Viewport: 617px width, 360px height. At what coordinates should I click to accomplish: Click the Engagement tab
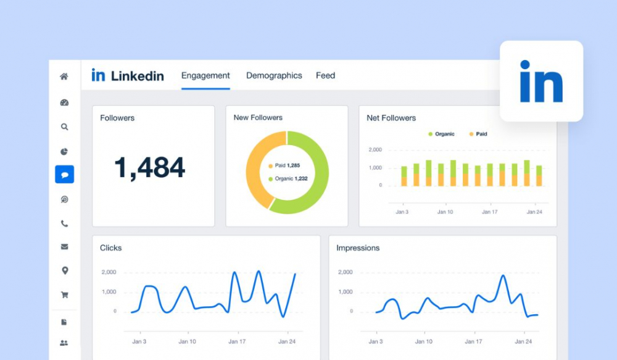[205, 75]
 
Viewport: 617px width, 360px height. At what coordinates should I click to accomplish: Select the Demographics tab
[274, 75]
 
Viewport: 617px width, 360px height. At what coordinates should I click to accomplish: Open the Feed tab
[325, 75]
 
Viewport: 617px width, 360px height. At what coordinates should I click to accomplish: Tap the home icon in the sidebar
[64, 77]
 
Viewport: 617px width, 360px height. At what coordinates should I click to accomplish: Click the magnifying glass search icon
[65, 127]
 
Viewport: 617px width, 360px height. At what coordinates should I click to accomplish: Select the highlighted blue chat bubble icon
[65, 175]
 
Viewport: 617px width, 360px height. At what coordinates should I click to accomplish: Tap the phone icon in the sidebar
[65, 224]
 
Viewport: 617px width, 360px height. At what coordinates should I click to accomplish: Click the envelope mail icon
[65, 247]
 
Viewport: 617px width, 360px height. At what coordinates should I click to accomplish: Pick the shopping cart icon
[65, 295]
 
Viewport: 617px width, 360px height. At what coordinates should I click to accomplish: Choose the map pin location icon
[65, 270]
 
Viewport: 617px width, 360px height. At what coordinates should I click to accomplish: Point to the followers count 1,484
[149, 168]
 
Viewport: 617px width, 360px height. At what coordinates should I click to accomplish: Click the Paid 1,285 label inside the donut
[284, 165]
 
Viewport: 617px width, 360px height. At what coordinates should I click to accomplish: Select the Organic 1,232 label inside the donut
[288, 179]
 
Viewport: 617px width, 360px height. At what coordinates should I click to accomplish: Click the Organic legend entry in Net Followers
[442, 134]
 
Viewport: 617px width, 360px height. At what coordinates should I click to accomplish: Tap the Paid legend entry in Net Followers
[478, 134]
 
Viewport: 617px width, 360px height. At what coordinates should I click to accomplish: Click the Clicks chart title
[110, 248]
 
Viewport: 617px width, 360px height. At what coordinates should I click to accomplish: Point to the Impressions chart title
[358, 248]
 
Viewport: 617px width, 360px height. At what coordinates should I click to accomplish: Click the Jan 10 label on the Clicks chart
[188, 341]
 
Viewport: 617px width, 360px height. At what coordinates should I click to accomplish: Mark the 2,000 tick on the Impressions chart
[346, 272]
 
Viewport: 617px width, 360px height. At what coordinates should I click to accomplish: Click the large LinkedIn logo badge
[542, 81]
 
